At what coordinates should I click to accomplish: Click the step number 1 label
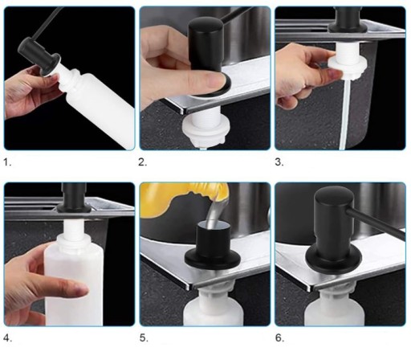[x=7, y=162]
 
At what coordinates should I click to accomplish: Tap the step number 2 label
[x=142, y=162]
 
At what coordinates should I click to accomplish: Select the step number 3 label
[x=279, y=162]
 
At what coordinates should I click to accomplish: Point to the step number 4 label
[x=7, y=338]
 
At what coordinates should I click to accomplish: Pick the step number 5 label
[x=144, y=338]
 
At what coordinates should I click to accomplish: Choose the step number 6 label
[x=279, y=338]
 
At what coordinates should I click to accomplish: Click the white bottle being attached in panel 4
[x=74, y=279]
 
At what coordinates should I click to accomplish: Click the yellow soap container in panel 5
[x=175, y=198]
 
